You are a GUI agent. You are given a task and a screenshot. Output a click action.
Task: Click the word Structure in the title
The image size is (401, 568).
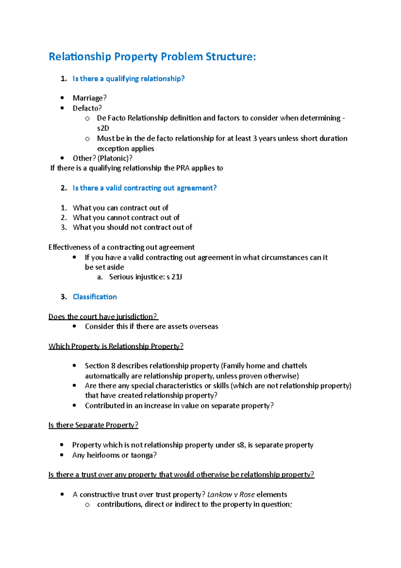pyautogui.click(x=230, y=57)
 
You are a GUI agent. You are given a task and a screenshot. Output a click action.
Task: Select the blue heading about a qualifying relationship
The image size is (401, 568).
pyautogui.click(x=128, y=79)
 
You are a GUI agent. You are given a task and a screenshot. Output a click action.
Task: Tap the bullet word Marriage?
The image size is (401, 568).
pyautogui.click(x=90, y=98)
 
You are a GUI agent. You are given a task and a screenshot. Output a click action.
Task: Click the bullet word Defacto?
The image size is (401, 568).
pyautogui.click(x=87, y=108)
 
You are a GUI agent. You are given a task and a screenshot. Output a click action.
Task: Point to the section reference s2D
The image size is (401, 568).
pyautogui.click(x=103, y=128)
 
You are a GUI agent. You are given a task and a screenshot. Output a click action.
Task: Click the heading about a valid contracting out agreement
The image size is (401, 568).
pyautogui.click(x=144, y=188)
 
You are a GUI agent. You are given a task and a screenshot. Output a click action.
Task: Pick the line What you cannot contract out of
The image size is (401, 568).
pyautogui.click(x=126, y=217)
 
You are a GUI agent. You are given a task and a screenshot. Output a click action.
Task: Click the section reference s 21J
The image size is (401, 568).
pyautogui.click(x=174, y=277)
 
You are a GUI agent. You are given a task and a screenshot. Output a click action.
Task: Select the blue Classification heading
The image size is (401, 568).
pyautogui.click(x=95, y=297)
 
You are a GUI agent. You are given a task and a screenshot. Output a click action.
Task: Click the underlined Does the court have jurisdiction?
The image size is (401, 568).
pyautogui.click(x=103, y=316)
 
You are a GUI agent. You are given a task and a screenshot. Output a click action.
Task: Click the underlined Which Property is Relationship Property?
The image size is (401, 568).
pyautogui.click(x=116, y=346)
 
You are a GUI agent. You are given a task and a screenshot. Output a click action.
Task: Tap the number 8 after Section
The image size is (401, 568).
pyautogui.click(x=113, y=366)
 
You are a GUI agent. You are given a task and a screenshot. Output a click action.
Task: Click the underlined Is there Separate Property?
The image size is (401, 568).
pyautogui.click(x=93, y=425)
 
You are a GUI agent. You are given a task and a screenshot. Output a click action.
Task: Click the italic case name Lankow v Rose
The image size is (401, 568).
pyautogui.click(x=231, y=494)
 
